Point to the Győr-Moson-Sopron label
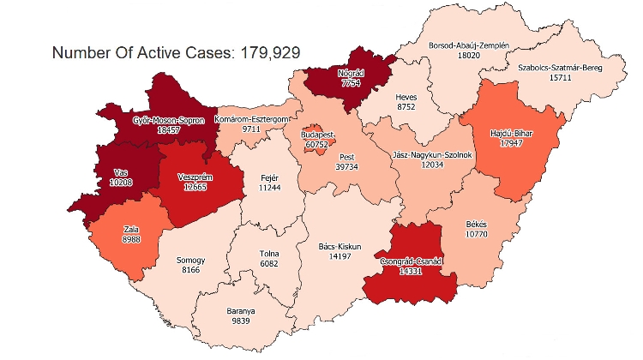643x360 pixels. coord(169,121)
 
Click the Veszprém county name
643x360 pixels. coord(194,177)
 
